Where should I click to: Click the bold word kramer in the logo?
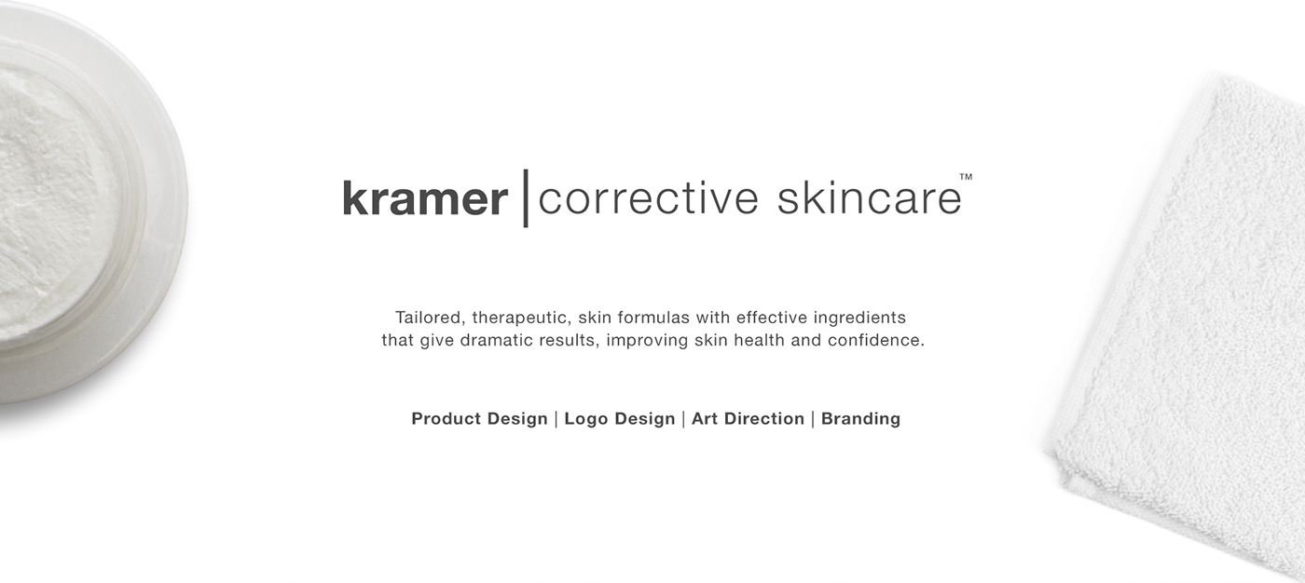click(x=425, y=198)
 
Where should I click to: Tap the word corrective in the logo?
click(x=648, y=198)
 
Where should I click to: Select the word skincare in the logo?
click(x=869, y=197)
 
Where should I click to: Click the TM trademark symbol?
click(x=966, y=177)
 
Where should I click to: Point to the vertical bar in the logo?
click(x=526, y=197)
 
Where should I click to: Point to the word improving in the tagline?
click(x=647, y=341)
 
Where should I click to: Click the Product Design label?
click(x=479, y=419)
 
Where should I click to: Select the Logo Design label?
click(x=620, y=419)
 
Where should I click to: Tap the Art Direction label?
click(x=748, y=419)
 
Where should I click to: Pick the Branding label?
click(x=860, y=419)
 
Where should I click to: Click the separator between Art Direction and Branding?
click(x=813, y=419)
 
